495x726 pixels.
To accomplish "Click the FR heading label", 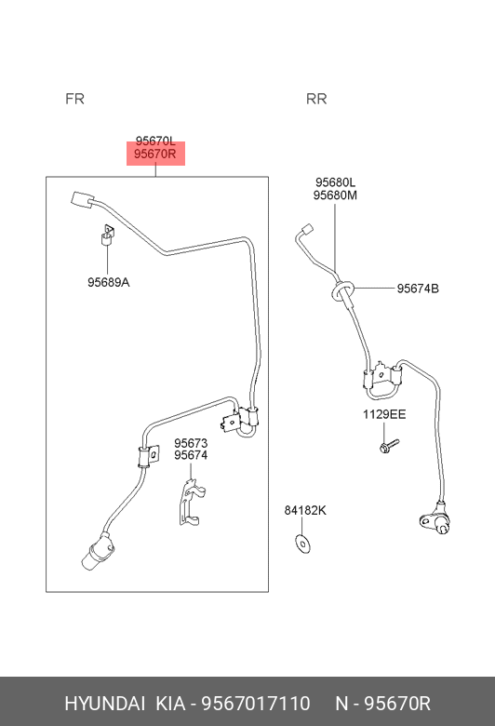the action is [74, 99].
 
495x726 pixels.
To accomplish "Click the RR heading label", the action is [316, 99].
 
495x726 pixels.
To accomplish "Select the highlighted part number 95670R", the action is [155, 154].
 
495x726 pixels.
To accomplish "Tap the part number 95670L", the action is [155, 141].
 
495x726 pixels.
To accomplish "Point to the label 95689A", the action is [108, 282].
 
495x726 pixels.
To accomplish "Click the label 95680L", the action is [335, 182].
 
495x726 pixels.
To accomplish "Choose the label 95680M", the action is [335, 195].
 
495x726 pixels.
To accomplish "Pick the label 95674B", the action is [418, 289].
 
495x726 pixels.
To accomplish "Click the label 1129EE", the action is [384, 414].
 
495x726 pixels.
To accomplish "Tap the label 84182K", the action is [305, 510].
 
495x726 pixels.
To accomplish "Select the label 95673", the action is [191, 443].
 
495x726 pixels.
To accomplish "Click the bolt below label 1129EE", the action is [389, 446].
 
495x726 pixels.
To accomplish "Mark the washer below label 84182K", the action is [302, 544].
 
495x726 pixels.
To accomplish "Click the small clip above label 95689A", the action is [108, 235].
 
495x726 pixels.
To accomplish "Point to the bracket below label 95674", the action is [192, 503].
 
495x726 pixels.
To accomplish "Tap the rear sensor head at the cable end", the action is [435, 521].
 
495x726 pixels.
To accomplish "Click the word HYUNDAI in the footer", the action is [104, 704].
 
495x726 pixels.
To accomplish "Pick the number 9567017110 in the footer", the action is [255, 704].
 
